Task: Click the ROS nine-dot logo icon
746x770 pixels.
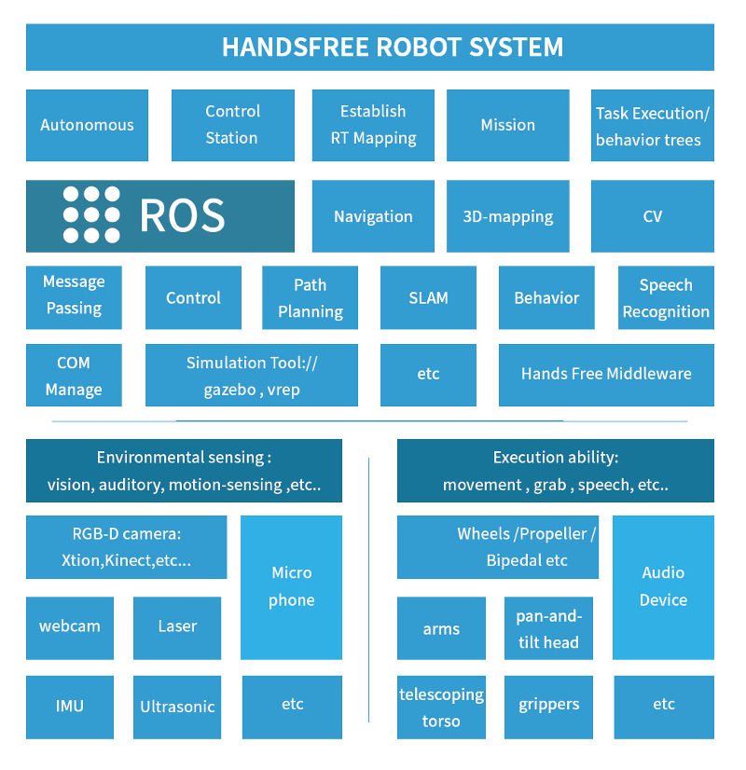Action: pos(91,215)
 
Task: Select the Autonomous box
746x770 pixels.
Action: pos(87,125)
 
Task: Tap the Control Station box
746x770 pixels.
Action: pos(232,125)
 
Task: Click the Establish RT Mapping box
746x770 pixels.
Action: pos(373,125)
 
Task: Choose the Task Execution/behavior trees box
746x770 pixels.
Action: pos(653,126)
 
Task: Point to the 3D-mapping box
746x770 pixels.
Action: pos(508,216)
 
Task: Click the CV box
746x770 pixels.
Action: pos(653,216)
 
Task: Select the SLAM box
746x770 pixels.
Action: pos(428,298)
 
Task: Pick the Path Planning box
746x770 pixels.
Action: pos(311,298)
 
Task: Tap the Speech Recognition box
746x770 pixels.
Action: pos(666,298)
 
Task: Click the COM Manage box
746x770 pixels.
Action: pos(74,376)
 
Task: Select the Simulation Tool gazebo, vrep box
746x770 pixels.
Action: pos(252,376)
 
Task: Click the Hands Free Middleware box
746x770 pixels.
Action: pos(606,374)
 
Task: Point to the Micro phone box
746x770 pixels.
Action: pos(291,587)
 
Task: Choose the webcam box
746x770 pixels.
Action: pos(70,627)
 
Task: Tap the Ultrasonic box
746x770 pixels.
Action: pos(177,707)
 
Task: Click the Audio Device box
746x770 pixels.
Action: pos(663,587)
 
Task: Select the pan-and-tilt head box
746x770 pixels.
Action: pos(548,629)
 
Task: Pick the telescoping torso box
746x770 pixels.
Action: pos(441,708)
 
